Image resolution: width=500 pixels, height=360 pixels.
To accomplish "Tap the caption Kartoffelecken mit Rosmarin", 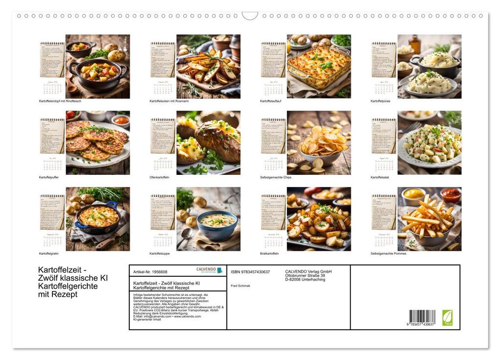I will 169,101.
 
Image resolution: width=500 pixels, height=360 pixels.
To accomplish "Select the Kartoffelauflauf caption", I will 271,101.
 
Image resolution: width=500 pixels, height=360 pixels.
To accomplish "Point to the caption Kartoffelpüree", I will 380,101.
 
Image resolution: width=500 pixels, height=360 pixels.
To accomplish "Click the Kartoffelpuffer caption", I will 49,177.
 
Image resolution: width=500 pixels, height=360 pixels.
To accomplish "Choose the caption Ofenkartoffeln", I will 159,177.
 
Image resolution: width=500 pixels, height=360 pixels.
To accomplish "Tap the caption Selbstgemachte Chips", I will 275,177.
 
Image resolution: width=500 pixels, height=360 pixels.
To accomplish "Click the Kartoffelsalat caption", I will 380,177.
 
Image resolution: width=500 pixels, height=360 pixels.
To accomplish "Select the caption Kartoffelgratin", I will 49,254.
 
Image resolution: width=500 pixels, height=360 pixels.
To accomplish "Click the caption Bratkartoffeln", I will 270,254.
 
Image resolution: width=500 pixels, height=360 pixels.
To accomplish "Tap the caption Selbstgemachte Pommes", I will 388,254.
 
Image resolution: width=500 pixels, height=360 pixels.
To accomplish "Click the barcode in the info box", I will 422,317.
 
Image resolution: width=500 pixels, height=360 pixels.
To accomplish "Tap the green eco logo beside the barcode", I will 448,317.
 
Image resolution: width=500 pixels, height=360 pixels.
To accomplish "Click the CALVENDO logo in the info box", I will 209,270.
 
